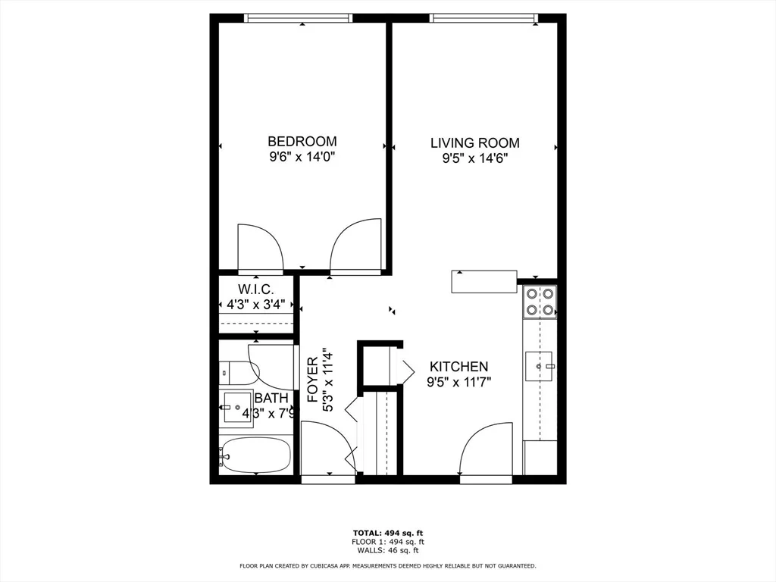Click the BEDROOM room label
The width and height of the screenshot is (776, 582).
coord(302,142)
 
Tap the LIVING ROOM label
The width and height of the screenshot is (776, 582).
coord(474,143)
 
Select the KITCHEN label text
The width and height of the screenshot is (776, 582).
coord(458,367)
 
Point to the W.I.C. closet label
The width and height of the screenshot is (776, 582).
coord(255,289)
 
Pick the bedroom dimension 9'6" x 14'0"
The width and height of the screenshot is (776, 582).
coord(302,158)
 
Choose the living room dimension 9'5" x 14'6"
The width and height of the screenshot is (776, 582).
coord(475,159)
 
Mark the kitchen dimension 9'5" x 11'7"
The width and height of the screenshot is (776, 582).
coord(458,382)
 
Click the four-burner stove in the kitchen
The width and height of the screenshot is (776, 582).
coord(540,302)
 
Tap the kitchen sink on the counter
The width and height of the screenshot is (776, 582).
coord(540,366)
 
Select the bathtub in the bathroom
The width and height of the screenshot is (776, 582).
coord(256,455)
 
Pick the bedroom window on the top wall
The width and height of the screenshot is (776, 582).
coord(299,18)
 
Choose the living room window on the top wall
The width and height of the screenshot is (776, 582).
coord(484,18)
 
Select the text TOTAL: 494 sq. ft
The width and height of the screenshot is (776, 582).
coord(388,533)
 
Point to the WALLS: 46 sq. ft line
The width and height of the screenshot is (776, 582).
coord(388,550)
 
